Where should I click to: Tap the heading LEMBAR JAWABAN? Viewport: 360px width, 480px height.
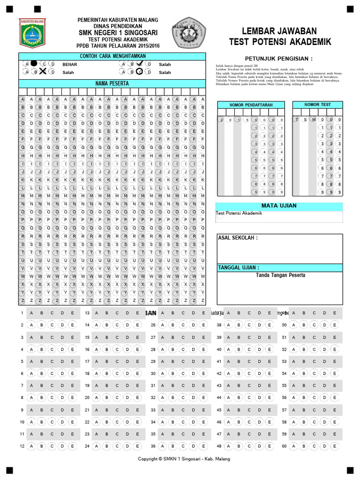(279, 31)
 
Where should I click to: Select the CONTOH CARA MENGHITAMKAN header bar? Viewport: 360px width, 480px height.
(112, 56)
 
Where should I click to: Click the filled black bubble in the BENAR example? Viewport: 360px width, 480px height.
(34, 64)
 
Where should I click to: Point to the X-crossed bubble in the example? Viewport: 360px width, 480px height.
(43, 72)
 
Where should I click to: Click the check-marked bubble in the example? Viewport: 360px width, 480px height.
(140, 63)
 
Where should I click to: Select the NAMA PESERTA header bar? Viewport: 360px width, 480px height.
(112, 83)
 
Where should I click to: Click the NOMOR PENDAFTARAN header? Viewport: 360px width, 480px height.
(251, 105)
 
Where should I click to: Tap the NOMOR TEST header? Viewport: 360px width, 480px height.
(317, 105)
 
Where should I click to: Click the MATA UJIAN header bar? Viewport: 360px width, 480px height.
(279, 206)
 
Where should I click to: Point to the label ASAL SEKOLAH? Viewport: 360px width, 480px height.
(238, 238)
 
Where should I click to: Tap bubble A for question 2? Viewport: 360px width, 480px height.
(31, 325)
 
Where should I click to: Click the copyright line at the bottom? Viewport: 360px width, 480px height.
(184, 459)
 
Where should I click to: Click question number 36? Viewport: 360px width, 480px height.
(153, 446)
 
